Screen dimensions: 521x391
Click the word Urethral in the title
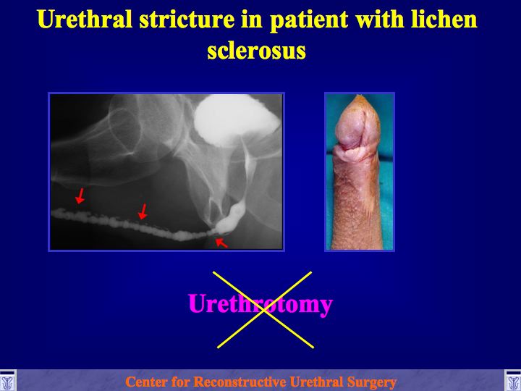pos(85,20)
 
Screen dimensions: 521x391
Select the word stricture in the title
pos(187,20)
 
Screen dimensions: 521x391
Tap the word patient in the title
pos(309,20)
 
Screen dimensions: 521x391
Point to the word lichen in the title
pos(444,20)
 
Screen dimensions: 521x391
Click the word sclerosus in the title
pos(256,51)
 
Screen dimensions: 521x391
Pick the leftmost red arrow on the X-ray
pos(80,195)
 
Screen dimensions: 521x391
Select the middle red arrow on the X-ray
pos(143,211)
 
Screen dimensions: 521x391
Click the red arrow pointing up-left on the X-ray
pos(221,243)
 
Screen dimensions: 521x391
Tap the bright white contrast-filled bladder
pos(236,119)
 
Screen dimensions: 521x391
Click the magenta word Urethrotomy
pos(260,304)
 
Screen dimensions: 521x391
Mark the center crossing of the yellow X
pos(264,310)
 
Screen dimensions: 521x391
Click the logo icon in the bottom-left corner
pos(8,381)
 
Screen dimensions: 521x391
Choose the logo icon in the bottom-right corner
pos(513,381)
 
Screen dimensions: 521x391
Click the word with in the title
pos(379,20)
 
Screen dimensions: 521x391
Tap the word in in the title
pos(252,20)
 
